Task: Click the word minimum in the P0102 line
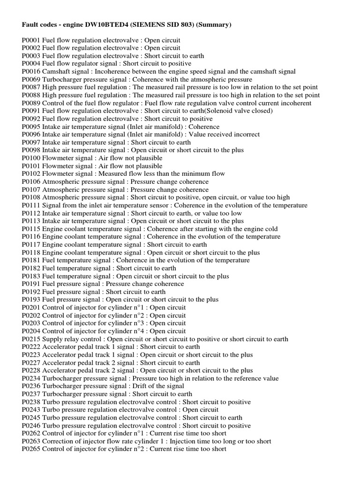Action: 190,174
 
